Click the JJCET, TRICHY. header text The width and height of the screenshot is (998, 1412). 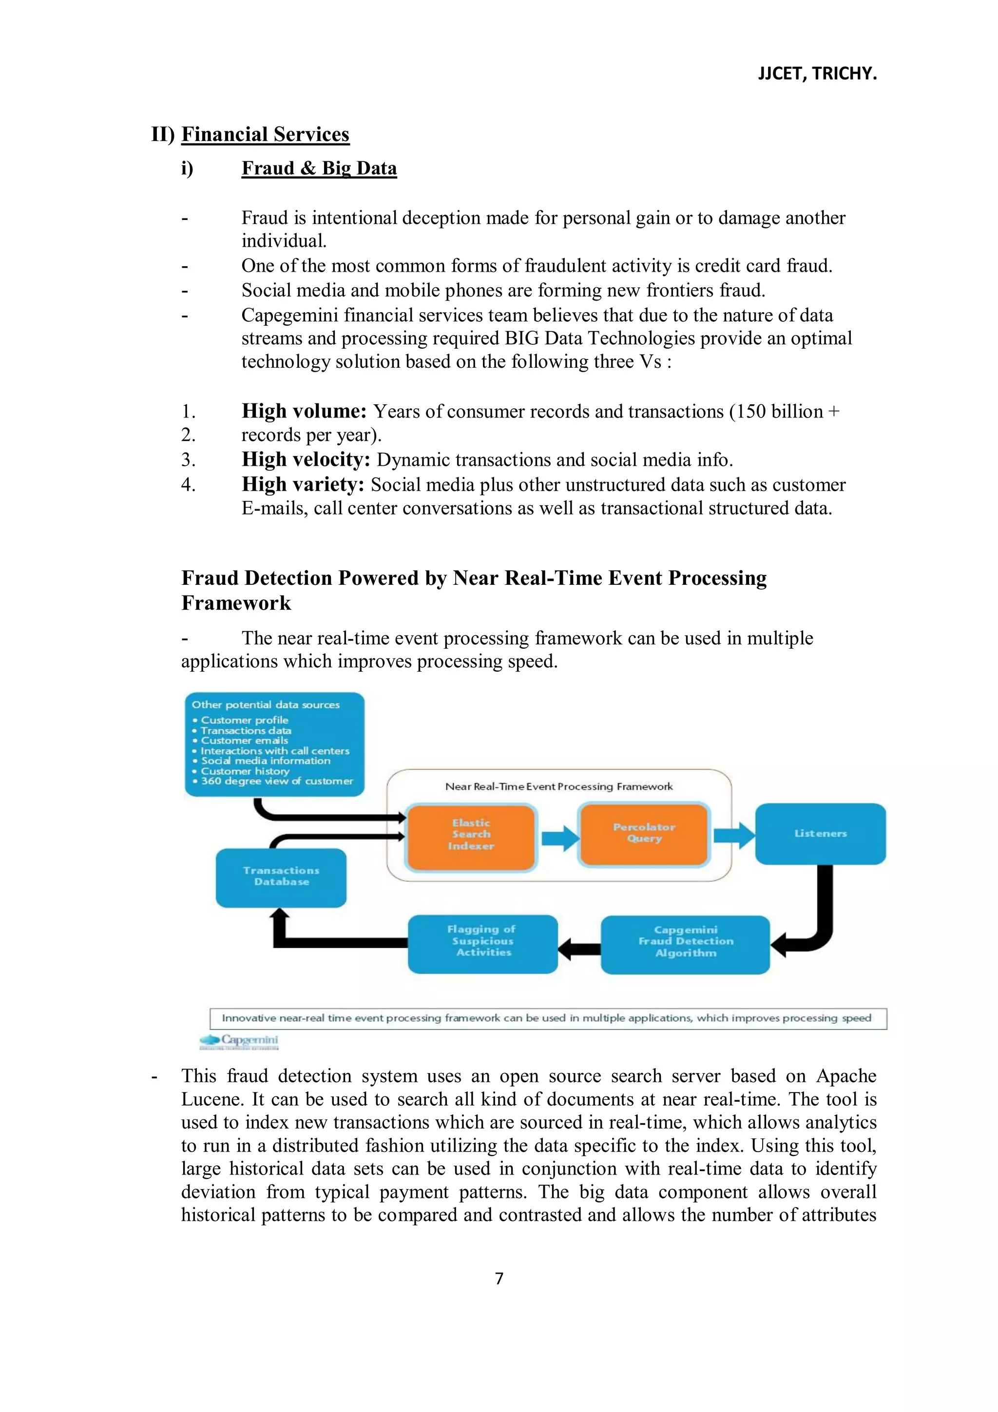pos(817,74)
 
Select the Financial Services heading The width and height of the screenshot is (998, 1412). pos(265,134)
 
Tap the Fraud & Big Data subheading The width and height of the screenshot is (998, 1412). pos(319,168)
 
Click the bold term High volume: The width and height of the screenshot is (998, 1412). pos(304,411)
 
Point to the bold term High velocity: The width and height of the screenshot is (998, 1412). pos(306,459)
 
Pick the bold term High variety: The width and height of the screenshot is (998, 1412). pos(303,485)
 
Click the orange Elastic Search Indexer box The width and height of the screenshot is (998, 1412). pos(471,835)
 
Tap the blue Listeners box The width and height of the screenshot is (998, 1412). pos(821,834)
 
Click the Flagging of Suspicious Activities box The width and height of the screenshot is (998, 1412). pos(483,941)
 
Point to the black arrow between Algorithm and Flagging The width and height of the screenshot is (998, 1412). pos(579,948)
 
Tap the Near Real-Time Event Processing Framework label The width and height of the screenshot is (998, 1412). pos(558,787)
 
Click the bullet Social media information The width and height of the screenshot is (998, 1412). pos(266,761)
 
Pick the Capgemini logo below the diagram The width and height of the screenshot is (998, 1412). pos(239,1041)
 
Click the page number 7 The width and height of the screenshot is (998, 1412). pos(499,1278)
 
